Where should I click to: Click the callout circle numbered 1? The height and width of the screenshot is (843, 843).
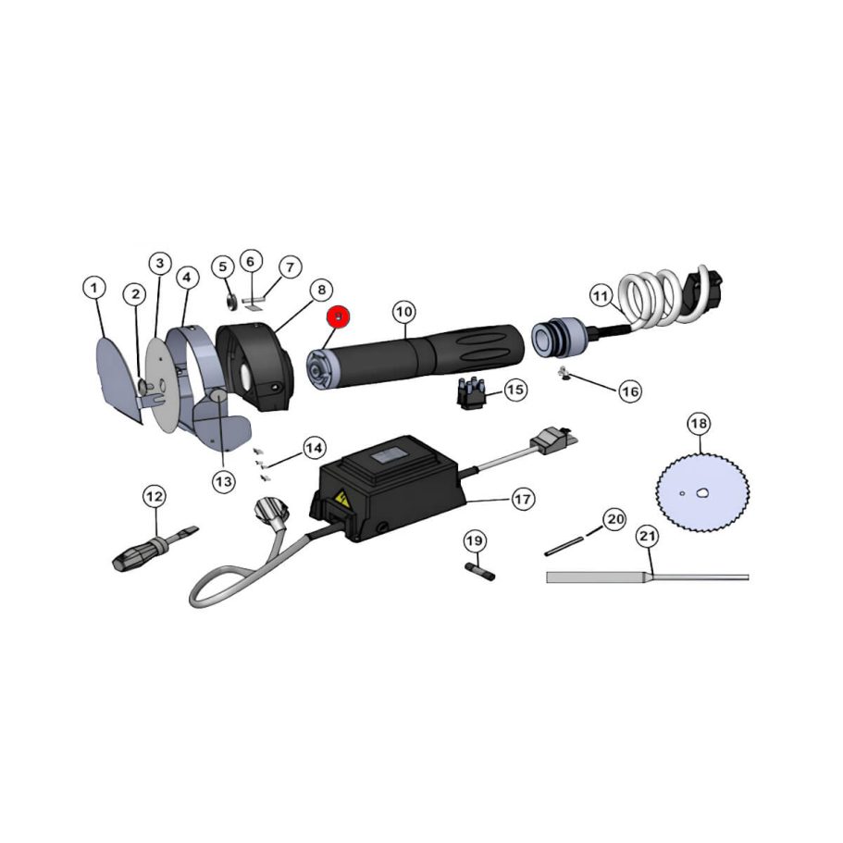point(93,287)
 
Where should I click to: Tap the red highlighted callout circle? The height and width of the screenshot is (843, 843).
point(341,317)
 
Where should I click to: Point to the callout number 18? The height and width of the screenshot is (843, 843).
point(699,424)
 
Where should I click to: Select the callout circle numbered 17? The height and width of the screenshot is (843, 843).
point(524,499)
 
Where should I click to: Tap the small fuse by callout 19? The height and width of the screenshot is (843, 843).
point(481,570)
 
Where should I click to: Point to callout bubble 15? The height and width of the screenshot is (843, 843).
point(515,390)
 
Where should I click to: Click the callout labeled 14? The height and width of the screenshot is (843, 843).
point(314,448)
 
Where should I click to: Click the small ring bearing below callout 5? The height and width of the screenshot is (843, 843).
point(229,300)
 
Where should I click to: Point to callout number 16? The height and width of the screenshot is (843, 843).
point(630,391)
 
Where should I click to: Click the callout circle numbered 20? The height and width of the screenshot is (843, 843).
point(615,519)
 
